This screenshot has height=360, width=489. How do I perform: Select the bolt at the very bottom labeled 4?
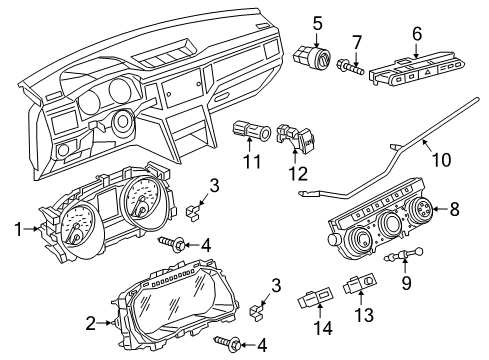234,344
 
